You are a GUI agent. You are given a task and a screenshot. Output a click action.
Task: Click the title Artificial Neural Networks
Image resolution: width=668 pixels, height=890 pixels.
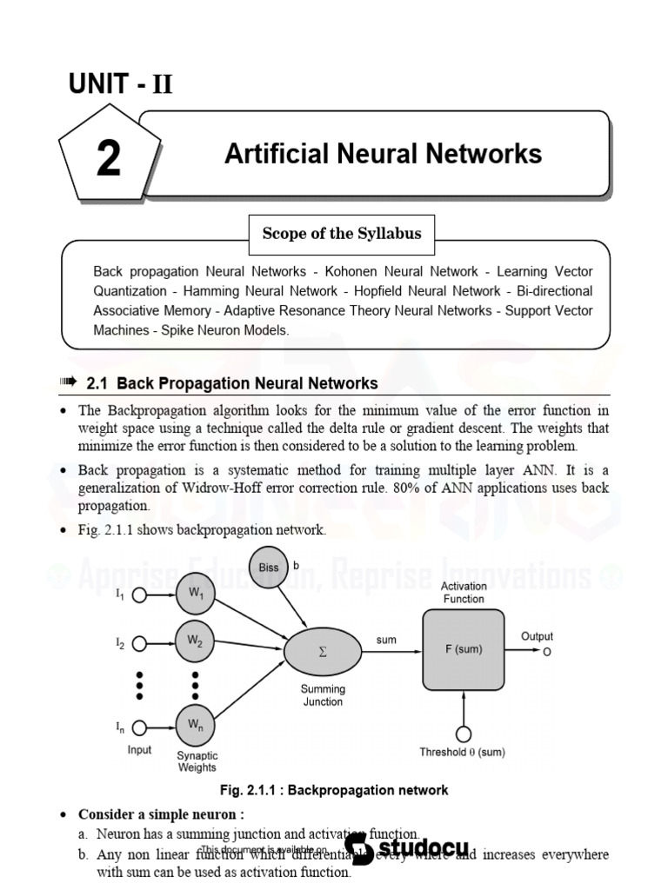tap(383, 154)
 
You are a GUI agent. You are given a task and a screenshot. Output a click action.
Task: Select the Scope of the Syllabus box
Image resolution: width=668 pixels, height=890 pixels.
tap(342, 233)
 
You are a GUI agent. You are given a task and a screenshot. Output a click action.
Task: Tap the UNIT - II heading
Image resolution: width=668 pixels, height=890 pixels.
tap(121, 84)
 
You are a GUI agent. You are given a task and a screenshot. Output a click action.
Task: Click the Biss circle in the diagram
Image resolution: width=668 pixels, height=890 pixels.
tap(269, 568)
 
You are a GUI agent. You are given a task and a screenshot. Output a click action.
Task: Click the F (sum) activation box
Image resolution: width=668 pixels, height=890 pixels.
tap(463, 648)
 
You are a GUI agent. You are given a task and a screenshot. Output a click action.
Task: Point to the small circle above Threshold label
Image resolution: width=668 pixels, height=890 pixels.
tap(463, 734)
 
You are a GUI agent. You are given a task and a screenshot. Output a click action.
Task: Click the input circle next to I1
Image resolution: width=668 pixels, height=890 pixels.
tap(139, 596)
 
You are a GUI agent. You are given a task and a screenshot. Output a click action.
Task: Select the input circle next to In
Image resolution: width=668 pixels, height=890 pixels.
tap(139, 727)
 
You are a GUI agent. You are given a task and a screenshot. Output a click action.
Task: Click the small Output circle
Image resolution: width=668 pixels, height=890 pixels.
tap(546, 651)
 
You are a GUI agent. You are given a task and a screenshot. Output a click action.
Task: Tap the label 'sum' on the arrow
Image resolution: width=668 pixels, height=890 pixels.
tap(386, 640)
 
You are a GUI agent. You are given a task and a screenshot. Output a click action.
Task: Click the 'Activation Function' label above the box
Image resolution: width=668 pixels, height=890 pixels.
tap(464, 593)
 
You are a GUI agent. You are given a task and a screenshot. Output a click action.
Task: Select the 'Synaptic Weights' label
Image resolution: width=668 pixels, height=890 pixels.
tap(197, 761)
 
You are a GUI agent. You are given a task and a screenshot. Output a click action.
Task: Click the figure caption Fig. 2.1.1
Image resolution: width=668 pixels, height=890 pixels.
tap(334, 790)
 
